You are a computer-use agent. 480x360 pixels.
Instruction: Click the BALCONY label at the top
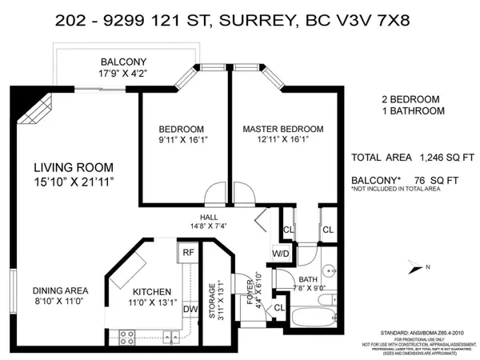point(122,62)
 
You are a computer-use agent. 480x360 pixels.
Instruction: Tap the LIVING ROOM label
point(73,167)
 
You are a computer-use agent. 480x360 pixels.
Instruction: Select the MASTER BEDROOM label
point(283,129)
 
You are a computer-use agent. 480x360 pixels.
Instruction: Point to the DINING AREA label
point(60,290)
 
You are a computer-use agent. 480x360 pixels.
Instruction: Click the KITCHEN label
point(151,292)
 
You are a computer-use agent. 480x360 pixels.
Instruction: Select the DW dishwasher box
point(190,310)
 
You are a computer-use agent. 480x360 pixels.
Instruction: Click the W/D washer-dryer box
point(280,254)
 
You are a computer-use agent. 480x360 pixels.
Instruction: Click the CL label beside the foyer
point(280,307)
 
